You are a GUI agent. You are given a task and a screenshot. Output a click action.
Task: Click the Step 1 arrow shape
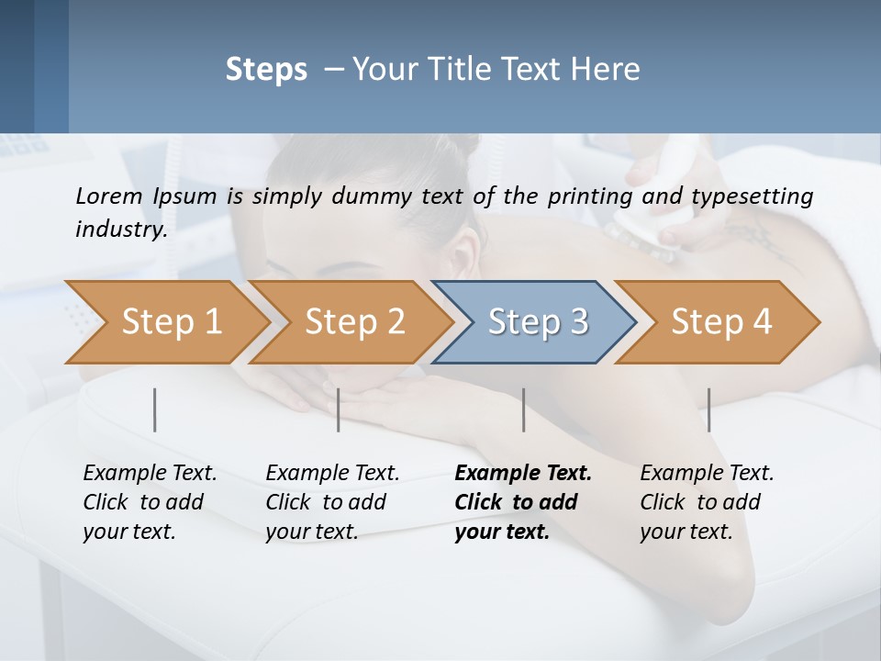tap(170, 322)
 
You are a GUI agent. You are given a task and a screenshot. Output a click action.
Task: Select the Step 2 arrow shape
tap(353, 322)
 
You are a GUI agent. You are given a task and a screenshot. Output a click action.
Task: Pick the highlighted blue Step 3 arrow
tap(537, 322)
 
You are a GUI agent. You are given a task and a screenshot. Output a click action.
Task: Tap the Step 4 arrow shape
tap(720, 322)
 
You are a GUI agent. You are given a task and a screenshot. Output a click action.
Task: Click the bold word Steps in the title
tap(266, 70)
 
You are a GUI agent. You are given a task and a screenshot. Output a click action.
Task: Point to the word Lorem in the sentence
tap(108, 196)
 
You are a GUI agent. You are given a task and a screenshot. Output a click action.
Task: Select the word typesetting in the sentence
tap(759, 196)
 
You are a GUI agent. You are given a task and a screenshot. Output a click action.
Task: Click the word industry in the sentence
tap(120, 229)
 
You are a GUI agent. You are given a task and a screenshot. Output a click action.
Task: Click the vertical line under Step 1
tap(155, 409)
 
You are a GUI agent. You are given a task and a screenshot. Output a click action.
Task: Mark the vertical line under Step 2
tap(339, 409)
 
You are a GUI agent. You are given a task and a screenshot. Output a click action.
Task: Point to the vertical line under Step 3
tap(524, 409)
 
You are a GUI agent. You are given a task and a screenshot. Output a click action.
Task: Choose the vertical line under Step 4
tap(708, 409)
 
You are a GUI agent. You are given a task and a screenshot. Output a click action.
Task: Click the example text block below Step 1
tap(150, 502)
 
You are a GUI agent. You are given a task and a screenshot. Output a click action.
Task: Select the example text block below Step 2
tap(332, 502)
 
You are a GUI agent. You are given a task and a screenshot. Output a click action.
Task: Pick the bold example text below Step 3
tap(523, 502)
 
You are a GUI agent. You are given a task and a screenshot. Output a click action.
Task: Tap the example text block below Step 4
tap(707, 502)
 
